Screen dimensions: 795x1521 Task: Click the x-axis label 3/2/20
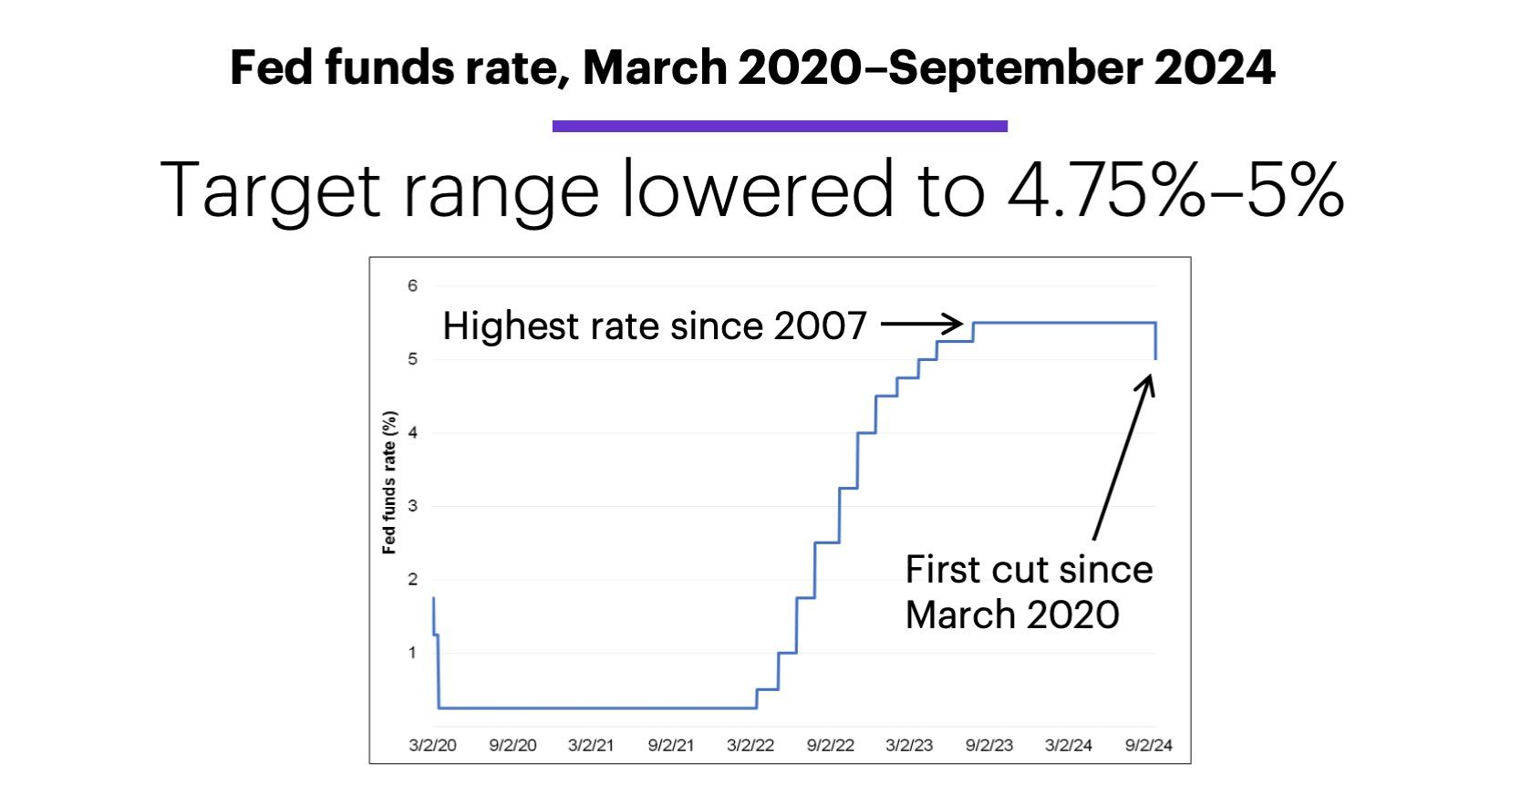[432, 745]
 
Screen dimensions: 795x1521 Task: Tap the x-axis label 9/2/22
[830, 745]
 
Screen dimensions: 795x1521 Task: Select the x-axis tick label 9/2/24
[1148, 745]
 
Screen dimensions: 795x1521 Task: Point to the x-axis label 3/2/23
[909, 745]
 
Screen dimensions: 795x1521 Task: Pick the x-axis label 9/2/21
[670, 745]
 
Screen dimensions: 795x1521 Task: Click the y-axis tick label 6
[412, 286]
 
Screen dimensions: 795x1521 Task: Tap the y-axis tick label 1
[412, 653]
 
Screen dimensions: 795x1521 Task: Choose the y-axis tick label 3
[412, 506]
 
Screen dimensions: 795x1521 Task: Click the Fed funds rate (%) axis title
[389, 483]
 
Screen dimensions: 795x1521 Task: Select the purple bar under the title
[780, 127]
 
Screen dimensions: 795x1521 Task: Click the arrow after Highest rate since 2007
[921, 323]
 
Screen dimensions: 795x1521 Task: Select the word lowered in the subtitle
[758, 190]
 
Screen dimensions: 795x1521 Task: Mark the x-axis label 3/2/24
[1068, 745]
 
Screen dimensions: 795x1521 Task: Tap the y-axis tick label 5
[412, 359]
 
